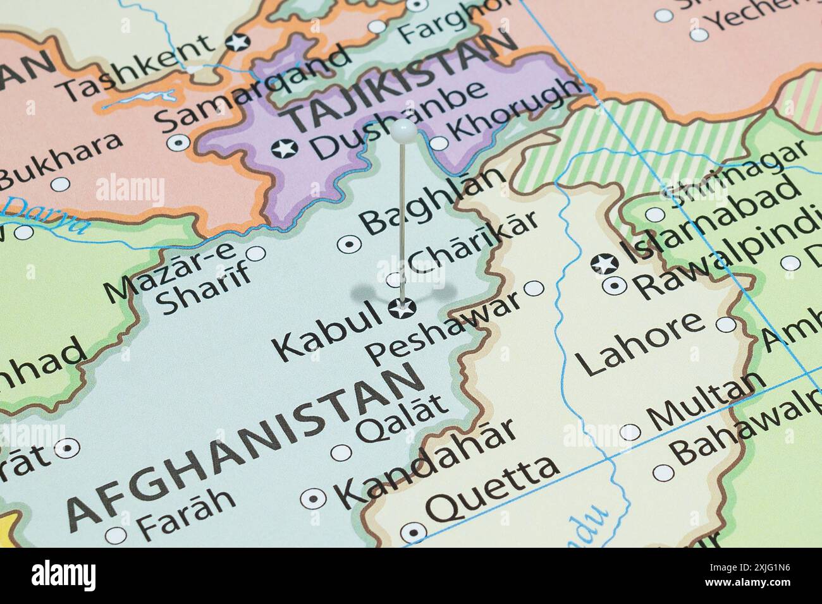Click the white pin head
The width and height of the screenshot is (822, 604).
pos(403,130)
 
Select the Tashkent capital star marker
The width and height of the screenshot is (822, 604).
pos(238,42)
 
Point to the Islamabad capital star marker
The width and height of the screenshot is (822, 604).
pos(604,263)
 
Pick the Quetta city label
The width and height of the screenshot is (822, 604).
pos(494,486)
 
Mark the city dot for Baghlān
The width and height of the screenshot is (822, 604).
pos(348,243)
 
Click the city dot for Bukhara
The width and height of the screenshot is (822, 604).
pos(60,184)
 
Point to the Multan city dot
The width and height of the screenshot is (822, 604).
pos(630,432)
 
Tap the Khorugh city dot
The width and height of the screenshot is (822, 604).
pos(439,144)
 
